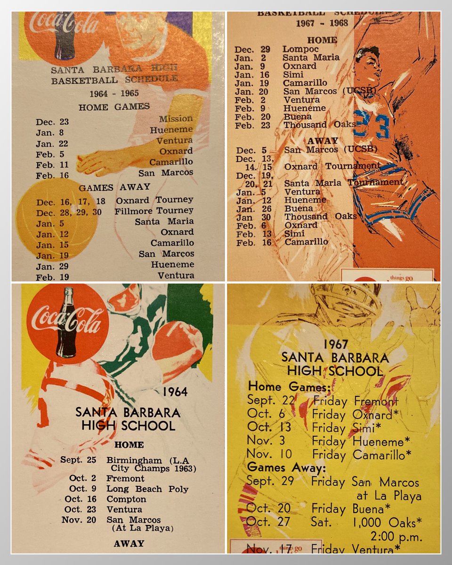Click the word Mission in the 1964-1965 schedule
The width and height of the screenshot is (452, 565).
tap(176, 119)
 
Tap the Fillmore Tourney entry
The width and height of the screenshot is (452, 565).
tap(154, 210)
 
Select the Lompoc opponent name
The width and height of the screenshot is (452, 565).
tap(300, 49)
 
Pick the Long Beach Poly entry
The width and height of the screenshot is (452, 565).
tap(147, 489)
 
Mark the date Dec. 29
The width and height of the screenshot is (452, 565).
tap(244, 49)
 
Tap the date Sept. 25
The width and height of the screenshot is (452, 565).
tap(78, 460)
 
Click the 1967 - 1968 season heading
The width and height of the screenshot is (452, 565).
tap(322, 23)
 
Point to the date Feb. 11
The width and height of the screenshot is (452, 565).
tap(51, 165)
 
